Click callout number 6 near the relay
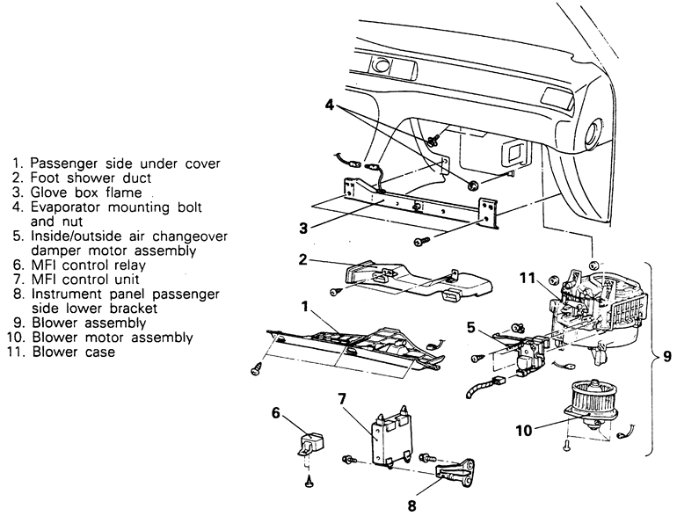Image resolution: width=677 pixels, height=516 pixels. pos(275,411)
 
